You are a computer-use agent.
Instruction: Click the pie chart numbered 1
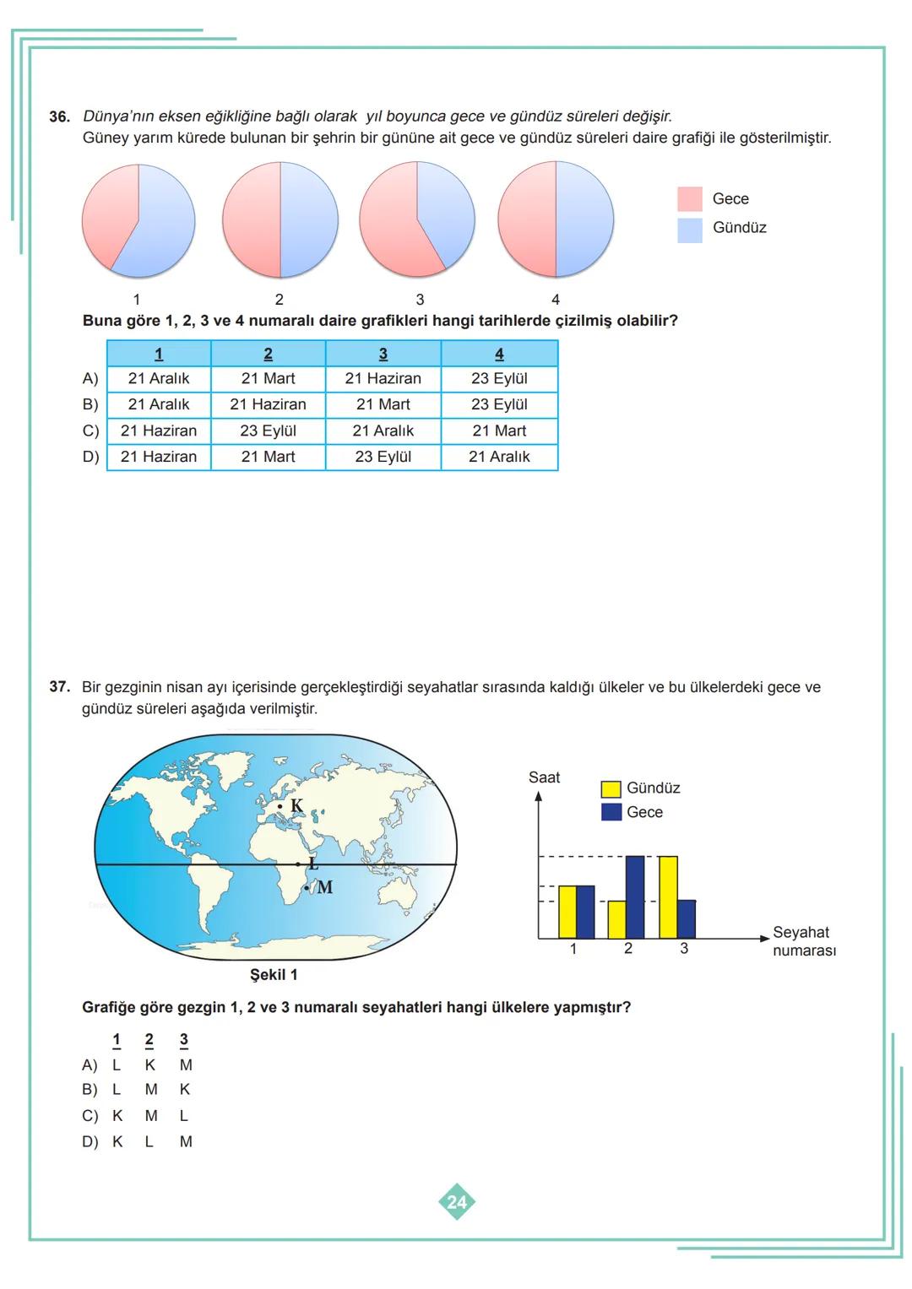(x=138, y=221)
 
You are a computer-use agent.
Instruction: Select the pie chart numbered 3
(x=417, y=219)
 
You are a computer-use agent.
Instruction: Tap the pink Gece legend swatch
(x=689, y=199)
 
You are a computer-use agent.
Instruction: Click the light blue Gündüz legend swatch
(x=689, y=230)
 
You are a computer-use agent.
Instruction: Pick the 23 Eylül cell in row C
(x=268, y=431)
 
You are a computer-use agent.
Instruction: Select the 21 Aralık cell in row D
(x=499, y=457)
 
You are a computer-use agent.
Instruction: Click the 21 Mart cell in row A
(x=268, y=378)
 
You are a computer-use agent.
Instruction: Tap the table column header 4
(x=499, y=354)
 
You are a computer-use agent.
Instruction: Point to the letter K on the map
(x=296, y=805)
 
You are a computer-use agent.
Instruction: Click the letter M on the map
(x=325, y=887)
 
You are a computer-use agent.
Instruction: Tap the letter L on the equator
(x=313, y=864)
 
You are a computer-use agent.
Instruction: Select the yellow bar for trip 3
(x=668, y=896)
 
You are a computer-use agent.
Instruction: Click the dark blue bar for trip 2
(x=635, y=896)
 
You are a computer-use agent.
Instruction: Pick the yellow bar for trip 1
(x=567, y=912)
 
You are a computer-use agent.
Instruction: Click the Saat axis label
(x=544, y=777)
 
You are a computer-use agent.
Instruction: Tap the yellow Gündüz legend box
(x=611, y=788)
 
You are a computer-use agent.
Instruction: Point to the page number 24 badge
(x=457, y=1201)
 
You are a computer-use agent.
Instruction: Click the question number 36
(x=59, y=116)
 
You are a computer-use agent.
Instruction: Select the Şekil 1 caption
(x=274, y=975)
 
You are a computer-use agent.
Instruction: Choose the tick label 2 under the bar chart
(x=628, y=949)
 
